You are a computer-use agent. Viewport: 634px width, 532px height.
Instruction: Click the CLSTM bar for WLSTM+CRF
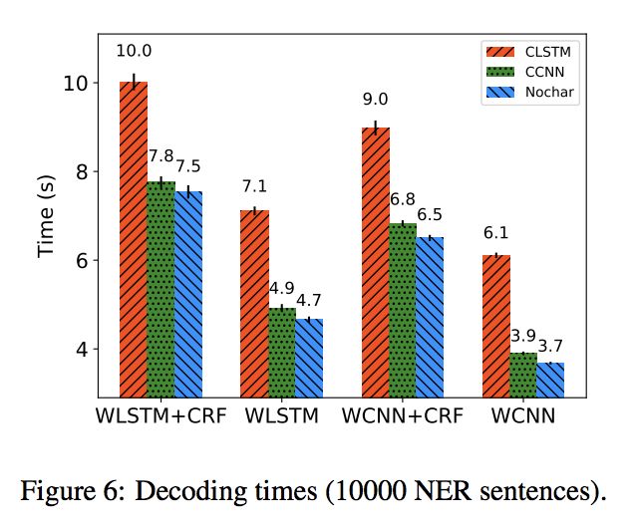click(x=134, y=239)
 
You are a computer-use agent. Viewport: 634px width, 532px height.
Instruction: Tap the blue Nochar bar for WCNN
click(x=551, y=379)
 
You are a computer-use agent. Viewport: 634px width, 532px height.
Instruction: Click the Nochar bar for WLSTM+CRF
click(x=188, y=293)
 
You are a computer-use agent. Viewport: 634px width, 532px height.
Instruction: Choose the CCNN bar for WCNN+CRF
click(x=403, y=309)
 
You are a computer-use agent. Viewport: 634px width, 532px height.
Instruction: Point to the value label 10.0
click(x=134, y=52)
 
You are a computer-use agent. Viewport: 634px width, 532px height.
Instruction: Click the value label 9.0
click(x=375, y=99)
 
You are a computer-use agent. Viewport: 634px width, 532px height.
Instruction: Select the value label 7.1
click(x=254, y=185)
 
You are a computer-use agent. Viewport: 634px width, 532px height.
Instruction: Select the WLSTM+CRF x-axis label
click(x=159, y=414)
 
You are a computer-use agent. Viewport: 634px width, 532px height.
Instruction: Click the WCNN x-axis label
click(x=523, y=414)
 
